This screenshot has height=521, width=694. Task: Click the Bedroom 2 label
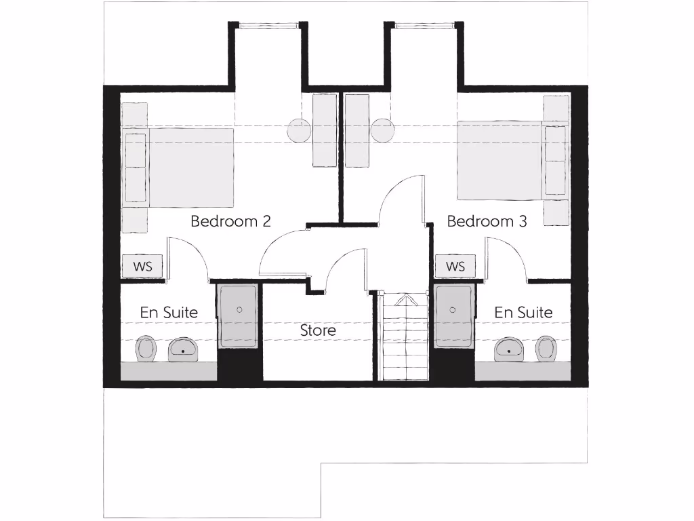(x=230, y=221)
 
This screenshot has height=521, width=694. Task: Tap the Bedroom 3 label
(x=487, y=221)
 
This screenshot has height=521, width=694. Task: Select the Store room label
(x=318, y=331)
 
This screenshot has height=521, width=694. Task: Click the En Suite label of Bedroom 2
(x=169, y=313)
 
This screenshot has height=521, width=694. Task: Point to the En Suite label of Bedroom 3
(x=523, y=313)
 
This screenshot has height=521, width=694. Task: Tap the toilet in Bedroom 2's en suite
(x=146, y=349)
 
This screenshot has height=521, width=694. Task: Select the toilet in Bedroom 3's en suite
(x=546, y=349)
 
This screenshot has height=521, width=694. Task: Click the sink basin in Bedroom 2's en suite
(x=182, y=349)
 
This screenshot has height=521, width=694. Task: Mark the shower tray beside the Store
(x=238, y=315)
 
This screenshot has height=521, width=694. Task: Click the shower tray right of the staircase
(x=453, y=315)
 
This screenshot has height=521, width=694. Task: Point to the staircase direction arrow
(x=405, y=299)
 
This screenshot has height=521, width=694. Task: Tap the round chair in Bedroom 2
(x=298, y=130)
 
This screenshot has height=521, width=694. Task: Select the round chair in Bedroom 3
(x=382, y=130)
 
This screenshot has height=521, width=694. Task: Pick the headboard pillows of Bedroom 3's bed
(x=555, y=161)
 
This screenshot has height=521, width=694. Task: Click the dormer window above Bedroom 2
(x=268, y=26)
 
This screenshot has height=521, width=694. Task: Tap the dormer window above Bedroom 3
(x=424, y=26)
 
